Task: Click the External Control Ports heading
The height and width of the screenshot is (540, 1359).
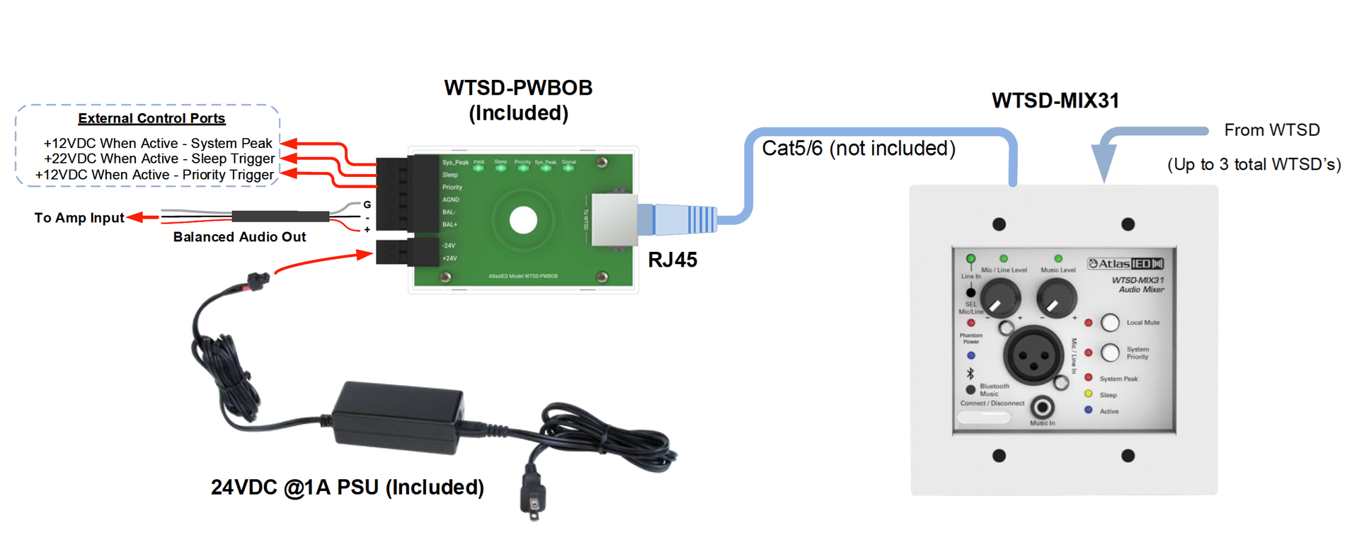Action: click(x=151, y=118)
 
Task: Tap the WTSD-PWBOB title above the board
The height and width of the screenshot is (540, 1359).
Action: click(x=518, y=88)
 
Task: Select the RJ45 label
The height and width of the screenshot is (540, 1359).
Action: click(x=672, y=260)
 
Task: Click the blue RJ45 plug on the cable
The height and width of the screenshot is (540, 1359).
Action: click(x=684, y=219)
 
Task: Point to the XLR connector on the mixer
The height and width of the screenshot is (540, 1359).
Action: click(x=1033, y=355)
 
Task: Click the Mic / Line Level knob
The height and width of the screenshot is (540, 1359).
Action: click(x=999, y=298)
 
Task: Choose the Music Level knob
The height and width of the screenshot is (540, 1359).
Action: click(x=1056, y=298)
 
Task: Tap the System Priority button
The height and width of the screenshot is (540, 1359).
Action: click(x=1110, y=352)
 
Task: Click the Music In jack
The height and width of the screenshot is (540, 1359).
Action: click(x=1042, y=407)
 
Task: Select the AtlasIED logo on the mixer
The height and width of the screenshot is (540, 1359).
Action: click(x=1125, y=264)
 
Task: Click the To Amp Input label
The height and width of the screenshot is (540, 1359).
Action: click(x=79, y=218)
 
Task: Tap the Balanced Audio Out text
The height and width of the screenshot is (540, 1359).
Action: click(x=239, y=237)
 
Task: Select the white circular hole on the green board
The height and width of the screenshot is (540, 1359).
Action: click(x=524, y=220)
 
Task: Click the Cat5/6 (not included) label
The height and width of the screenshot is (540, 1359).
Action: click(x=859, y=149)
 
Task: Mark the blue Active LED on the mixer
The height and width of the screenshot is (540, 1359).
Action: click(x=1089, y=410)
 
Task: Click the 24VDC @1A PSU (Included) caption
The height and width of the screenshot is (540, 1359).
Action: click(x=348, y=487)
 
